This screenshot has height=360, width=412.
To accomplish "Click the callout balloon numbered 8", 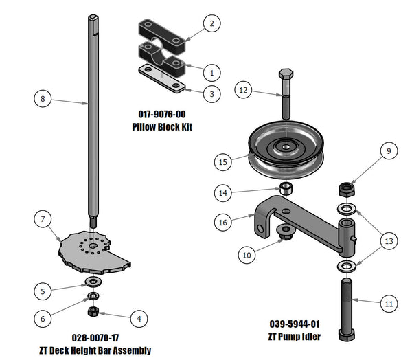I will (43, 99).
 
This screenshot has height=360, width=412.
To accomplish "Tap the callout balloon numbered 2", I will (211, 23).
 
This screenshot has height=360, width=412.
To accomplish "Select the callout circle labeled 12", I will (242, 89).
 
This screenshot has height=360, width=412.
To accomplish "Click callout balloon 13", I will (388, 241).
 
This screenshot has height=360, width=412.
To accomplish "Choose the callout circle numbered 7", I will (43, 219).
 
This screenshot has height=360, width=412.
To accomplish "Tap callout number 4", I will (139, 319).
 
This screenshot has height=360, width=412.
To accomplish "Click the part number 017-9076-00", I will (161, 115).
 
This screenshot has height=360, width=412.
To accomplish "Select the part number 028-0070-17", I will (104, 338).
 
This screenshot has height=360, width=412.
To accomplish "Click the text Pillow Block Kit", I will (161, 127).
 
